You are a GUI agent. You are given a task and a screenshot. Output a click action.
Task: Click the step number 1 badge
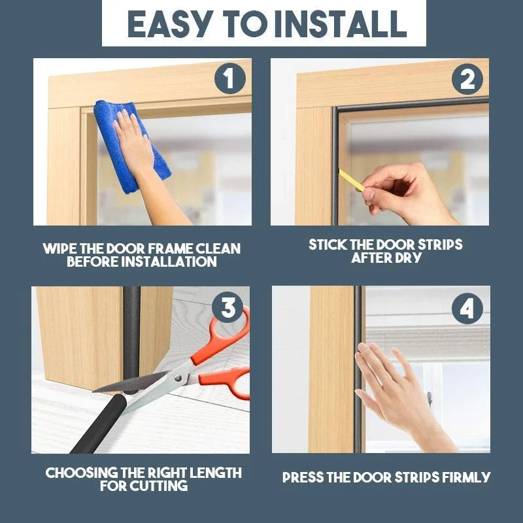click(x=230, y=78)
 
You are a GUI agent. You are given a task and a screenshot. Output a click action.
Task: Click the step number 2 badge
click(x=467, y=79)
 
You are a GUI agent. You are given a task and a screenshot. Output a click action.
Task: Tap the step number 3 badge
click(x=228, y=307)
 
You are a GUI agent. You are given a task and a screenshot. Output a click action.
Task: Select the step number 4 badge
click(x=467, y=309)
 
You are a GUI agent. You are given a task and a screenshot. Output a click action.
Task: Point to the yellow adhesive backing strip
click(x=351, y=180)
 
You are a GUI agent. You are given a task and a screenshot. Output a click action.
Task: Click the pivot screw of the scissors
click(x=178, y=378)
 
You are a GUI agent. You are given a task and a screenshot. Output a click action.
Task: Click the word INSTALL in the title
click(x=341, y=24)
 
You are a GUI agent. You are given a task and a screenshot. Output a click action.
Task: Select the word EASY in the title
click(x=170, y=24)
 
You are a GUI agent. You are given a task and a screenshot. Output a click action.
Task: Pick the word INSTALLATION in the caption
click(x=169, y=261)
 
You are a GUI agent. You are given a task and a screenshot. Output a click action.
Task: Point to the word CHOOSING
click(x=81, y=473)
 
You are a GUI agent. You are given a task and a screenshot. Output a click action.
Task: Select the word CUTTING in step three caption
click(x=159, y=486)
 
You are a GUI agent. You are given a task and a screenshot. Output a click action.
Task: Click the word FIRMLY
click(x=466, y=477)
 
